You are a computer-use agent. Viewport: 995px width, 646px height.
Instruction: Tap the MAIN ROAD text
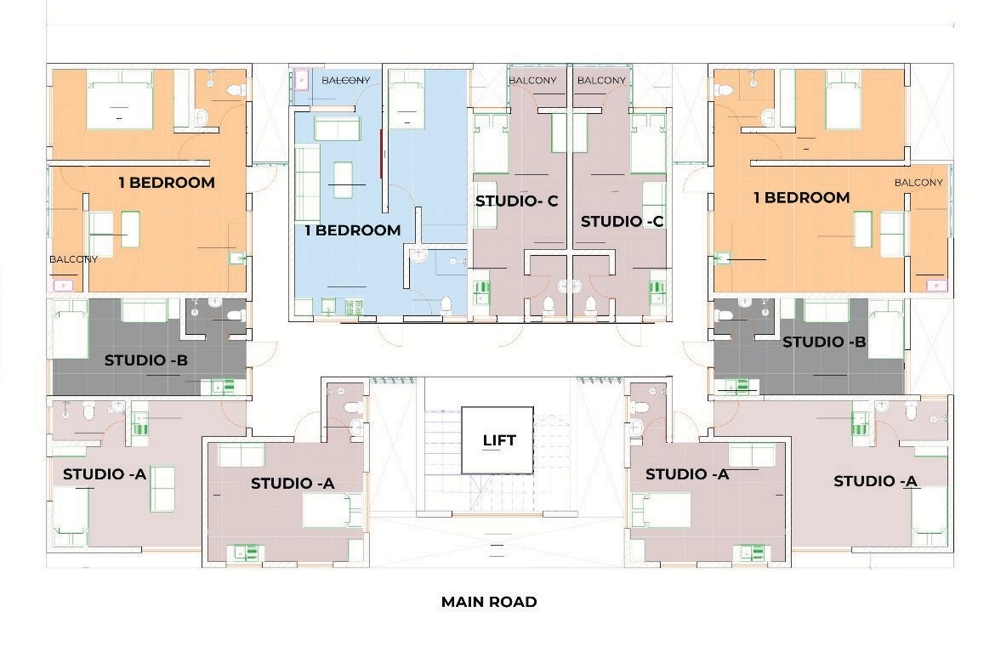(x=488, y=602)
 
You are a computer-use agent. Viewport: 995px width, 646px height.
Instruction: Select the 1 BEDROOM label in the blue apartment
(x=352, y=230)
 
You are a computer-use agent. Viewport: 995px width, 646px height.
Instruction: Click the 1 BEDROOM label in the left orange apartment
(x=166, y=182)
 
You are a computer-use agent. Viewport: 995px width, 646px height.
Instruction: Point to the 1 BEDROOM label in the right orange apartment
(x=801, y=197)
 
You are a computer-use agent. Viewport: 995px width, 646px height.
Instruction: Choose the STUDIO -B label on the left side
(x=145, y=360)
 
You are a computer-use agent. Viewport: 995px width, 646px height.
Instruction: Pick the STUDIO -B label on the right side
(x=823, y=343)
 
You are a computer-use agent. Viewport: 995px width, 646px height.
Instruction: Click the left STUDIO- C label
(x=516, y=201)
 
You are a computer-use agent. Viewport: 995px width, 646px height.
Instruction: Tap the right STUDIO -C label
(x=622, y=221)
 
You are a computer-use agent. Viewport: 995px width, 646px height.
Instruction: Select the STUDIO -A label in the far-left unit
(x=105, y=473)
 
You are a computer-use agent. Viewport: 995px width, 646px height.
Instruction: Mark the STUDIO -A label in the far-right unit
(x=875, y=481)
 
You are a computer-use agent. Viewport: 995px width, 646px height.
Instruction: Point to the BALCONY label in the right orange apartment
(x=918, y=183)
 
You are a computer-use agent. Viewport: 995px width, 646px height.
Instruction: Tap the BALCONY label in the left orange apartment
(x=73, y=259)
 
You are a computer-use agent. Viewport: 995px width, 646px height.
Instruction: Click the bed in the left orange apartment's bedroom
(x=119, y=99)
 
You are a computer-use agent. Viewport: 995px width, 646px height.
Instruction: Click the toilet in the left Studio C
(x=548, y=305)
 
